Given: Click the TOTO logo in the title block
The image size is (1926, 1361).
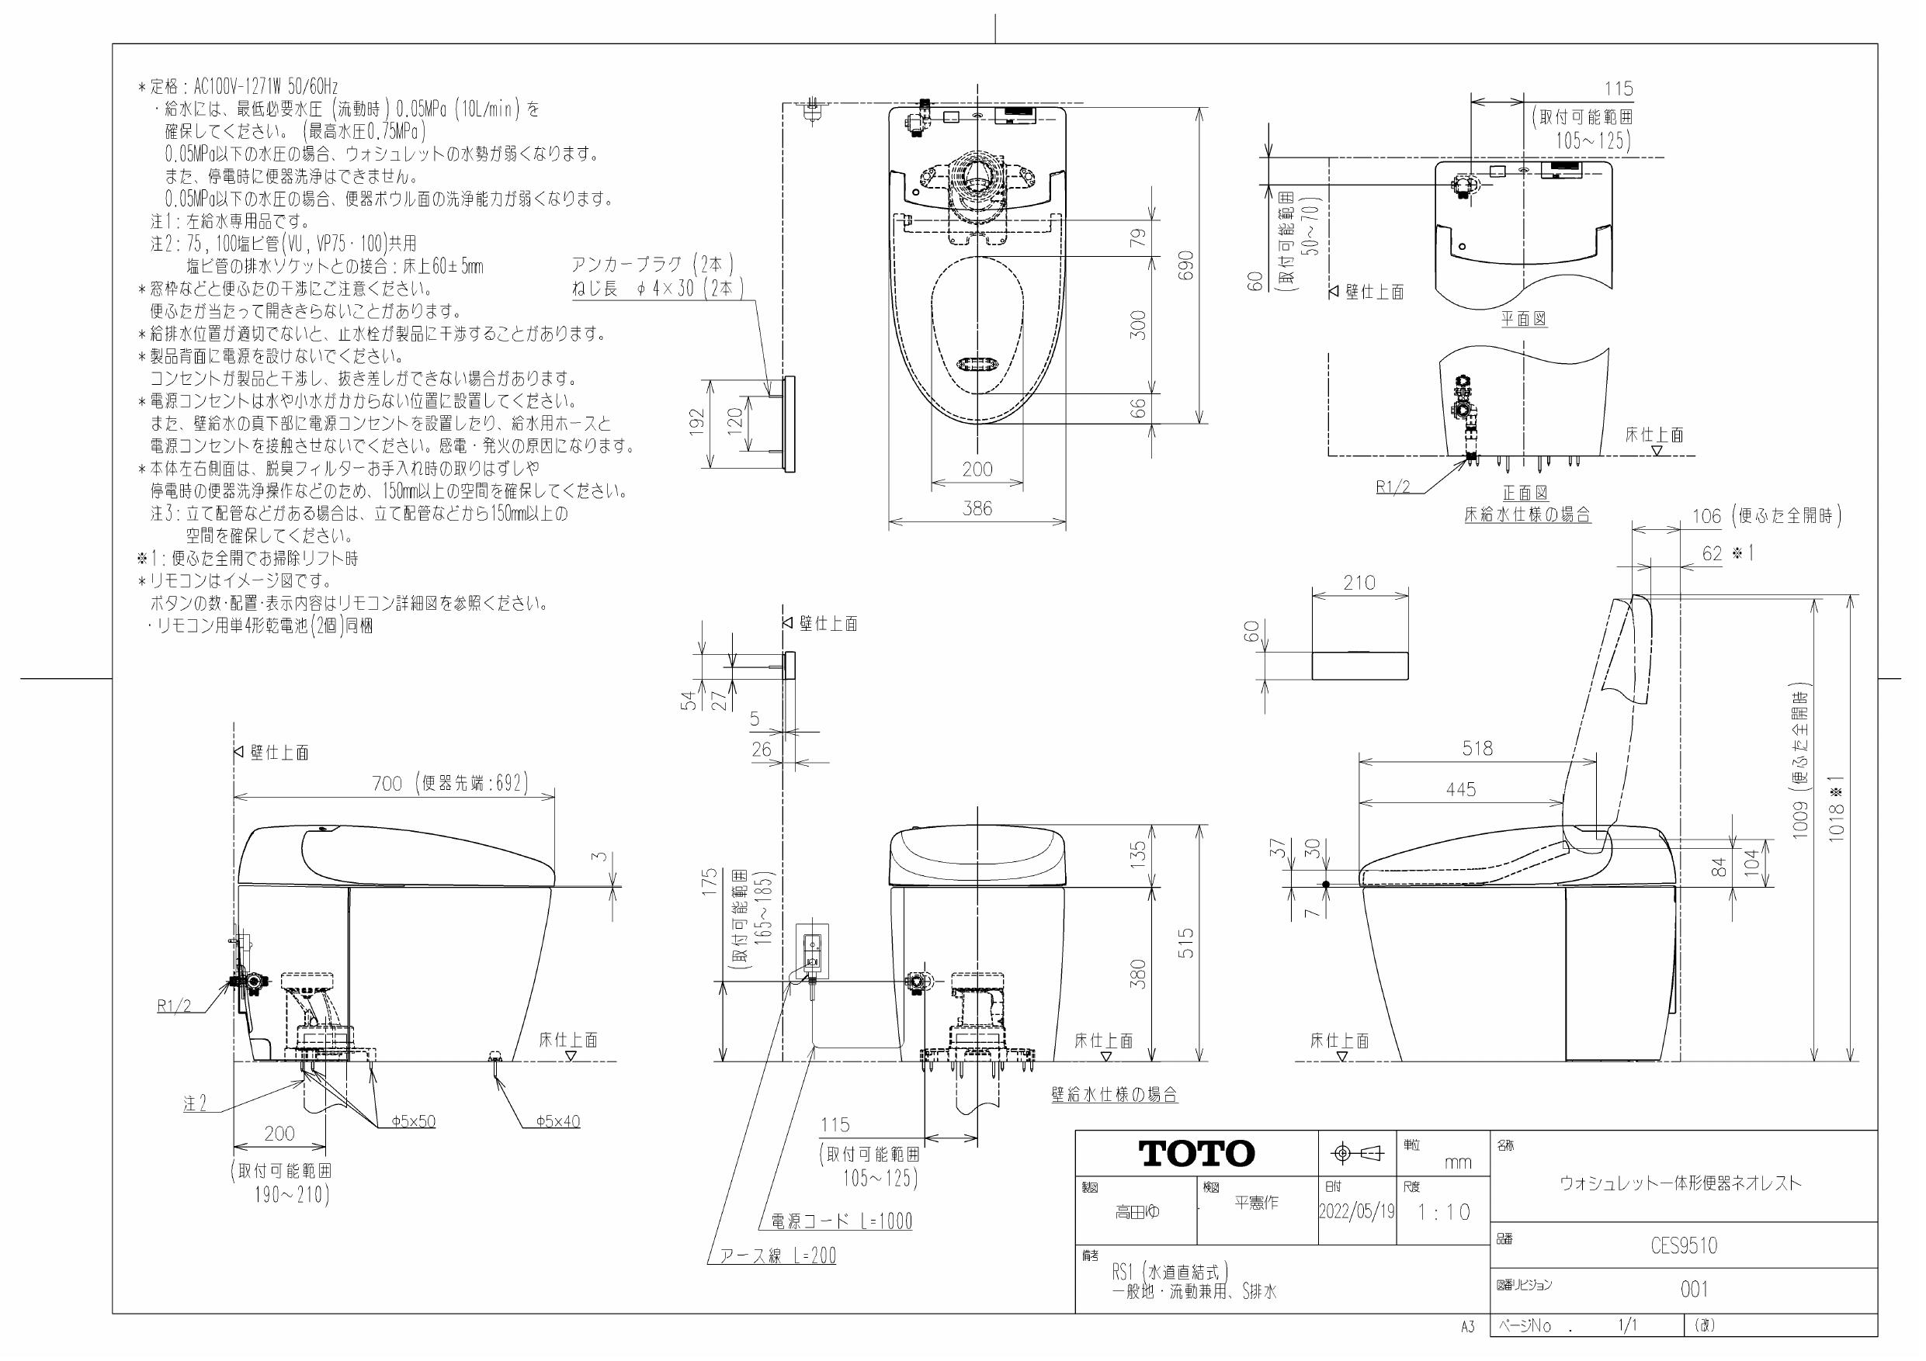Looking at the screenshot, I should pos(1196,1154).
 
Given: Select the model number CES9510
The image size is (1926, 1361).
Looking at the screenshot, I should pos(1684,1246).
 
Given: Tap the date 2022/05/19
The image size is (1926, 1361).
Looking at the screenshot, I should pos(1356,1212).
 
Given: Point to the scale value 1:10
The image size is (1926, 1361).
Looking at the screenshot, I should pos(1444,1213).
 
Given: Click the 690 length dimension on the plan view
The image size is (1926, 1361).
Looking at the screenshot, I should pos(1185,267).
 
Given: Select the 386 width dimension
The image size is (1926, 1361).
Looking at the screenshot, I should pos(977,508).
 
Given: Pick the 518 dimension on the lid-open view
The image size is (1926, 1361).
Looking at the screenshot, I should pos(1477,748).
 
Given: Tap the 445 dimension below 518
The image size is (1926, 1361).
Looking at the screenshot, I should pos(1460,789).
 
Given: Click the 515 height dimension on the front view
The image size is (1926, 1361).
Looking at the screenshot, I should pos(1185,944).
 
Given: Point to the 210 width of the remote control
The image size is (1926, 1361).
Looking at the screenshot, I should pos(1359,582).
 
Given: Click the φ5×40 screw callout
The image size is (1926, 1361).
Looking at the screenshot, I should pos(558,1121).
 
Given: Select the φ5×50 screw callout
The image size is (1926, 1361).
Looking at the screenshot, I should pos(414,1121).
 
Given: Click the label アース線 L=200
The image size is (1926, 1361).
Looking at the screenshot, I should pos(778,1256).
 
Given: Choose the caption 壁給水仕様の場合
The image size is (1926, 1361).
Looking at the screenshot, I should pos(1114,1094).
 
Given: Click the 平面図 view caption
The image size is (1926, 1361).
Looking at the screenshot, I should pos(1524,319).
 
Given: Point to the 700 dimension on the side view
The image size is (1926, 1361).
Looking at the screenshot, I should pos(387,783).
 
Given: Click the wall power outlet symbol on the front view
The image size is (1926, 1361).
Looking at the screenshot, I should pos(812,951).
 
